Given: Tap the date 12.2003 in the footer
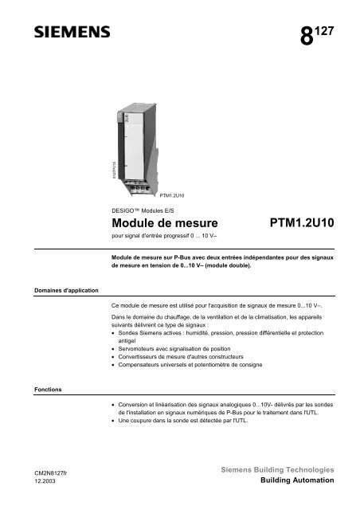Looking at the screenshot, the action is (x=33, y=483).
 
